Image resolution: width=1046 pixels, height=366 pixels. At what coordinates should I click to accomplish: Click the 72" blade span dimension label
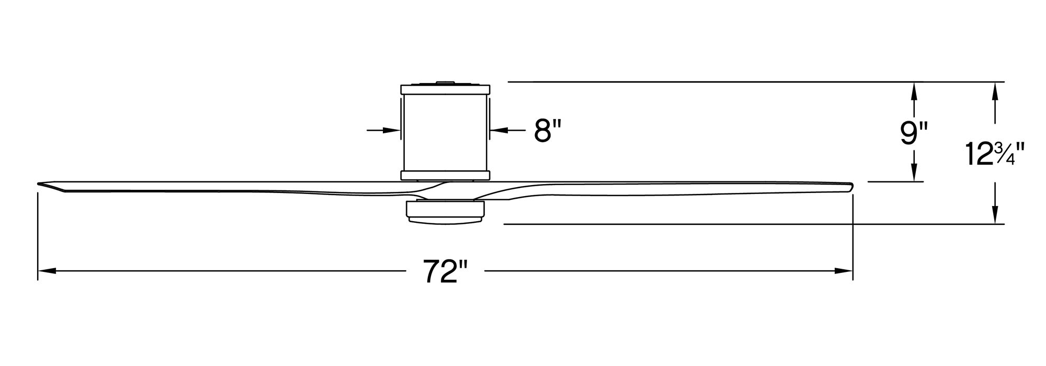[445, 271]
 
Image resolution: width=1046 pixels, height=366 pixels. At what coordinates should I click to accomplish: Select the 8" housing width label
[548, 130]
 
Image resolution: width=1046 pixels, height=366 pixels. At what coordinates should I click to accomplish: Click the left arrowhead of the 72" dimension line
[47, 271]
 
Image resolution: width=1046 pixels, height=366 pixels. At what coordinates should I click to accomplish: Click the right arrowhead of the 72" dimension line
[844, 271]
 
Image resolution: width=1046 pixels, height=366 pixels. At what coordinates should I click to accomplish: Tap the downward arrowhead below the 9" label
[914, 171]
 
